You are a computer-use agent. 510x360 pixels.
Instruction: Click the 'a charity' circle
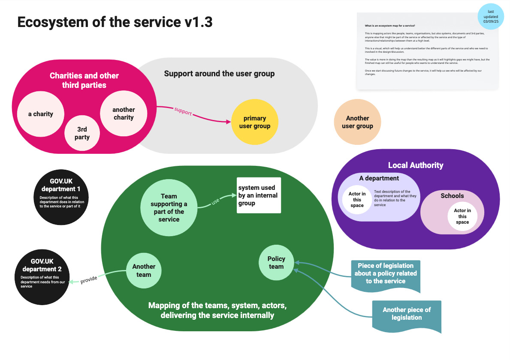41,114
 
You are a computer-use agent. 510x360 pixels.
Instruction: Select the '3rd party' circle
82,133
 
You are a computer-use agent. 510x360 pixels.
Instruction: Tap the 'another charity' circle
124,114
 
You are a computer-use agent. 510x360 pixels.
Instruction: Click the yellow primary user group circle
254,122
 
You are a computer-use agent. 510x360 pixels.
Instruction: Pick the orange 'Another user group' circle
357,122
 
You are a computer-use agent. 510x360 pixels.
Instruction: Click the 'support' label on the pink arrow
183,111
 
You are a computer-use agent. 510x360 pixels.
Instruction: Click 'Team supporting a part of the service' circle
169,208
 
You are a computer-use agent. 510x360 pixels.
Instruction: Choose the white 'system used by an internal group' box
259,195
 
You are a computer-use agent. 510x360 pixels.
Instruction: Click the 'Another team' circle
144,270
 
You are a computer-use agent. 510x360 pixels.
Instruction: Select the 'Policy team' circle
276,262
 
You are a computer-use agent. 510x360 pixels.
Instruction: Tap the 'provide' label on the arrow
89,279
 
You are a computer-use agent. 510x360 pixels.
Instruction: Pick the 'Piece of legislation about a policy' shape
385,274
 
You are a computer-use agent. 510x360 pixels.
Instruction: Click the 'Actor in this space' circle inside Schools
462,216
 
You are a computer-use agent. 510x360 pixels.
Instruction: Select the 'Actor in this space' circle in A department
357,200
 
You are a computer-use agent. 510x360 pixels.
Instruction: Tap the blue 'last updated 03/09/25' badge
492,16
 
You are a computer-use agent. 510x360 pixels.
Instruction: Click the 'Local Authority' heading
415,165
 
